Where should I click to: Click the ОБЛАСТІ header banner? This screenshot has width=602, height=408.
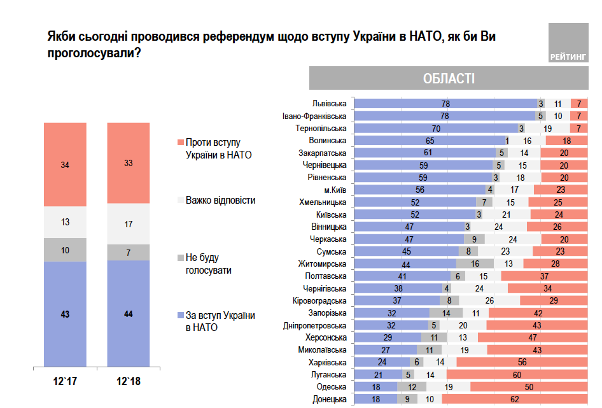click(449, 79)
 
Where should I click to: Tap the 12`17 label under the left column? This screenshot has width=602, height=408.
click(65, 382)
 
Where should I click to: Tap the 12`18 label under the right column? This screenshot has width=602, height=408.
click(128, 382)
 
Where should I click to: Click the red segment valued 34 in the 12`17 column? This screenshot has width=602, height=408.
click(65, 165)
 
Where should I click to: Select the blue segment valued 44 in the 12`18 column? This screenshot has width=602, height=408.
click(128, 314)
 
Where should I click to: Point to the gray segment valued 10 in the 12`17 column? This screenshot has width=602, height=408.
click(65, 250)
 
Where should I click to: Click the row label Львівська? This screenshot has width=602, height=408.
click(329, 103)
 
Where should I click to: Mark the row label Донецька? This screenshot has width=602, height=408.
click(330, 399)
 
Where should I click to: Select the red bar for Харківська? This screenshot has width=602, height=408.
click(522, 362)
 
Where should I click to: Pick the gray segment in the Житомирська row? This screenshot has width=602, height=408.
click(475, 263)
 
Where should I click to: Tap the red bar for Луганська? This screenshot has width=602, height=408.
click(517, 374)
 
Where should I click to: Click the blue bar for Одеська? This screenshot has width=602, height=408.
click(375, 386)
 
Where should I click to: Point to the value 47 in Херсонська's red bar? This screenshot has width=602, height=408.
click(532, 337)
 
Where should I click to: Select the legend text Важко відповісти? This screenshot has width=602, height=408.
click(220, 200)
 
